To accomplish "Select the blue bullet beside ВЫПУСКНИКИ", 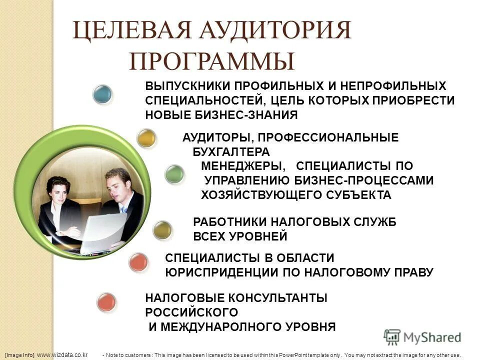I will click(102, 94).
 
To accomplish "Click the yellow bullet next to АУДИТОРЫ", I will click(146, 138).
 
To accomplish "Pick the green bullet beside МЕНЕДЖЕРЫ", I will click(174, 173).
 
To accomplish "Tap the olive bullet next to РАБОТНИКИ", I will click(162, 230).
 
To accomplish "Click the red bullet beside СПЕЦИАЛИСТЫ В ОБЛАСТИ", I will click(138, 262).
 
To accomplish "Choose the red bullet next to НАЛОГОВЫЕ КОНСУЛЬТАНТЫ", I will click(106, 302).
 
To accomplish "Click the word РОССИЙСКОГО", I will click(191, 312).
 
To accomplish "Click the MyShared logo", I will click(422, 337).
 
